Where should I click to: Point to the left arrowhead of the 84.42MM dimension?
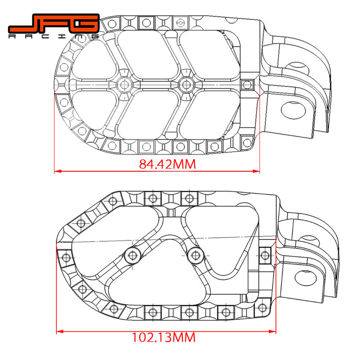click(x=57, y=171)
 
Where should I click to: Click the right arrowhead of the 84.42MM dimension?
click(x=258, y=171)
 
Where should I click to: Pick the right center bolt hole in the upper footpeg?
click(x=184, y=84)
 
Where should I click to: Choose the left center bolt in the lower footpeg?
click(x=133, y=255)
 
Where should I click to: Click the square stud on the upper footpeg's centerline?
click(x=247, y=84)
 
